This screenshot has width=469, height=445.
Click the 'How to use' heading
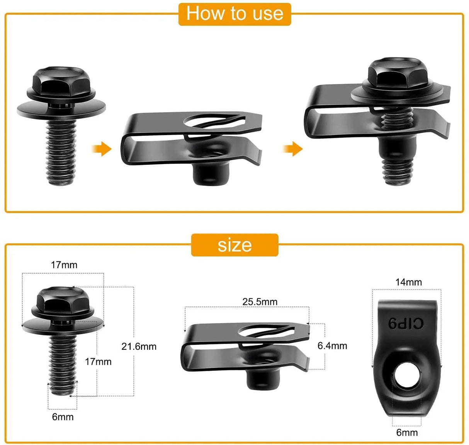coord(234,14)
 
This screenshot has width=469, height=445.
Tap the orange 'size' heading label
coord(234,245)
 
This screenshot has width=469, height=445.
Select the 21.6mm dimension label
coord(139,346)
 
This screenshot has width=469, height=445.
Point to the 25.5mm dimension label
coord(260,301)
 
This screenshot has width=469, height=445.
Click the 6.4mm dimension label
coord(332,346)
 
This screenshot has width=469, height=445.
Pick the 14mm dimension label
coord(408,282)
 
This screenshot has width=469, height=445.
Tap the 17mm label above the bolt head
coord(64,265)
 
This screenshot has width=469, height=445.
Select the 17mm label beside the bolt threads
coord(98,362)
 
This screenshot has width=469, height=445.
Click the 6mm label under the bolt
coord(63,417)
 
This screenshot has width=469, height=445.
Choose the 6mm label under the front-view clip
coord(407,432)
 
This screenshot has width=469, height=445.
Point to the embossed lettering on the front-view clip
coord(406,323)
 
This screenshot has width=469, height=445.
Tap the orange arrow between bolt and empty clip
coord(102,149)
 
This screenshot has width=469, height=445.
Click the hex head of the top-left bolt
coord(61,82)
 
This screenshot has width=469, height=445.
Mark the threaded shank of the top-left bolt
coord(61,151)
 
